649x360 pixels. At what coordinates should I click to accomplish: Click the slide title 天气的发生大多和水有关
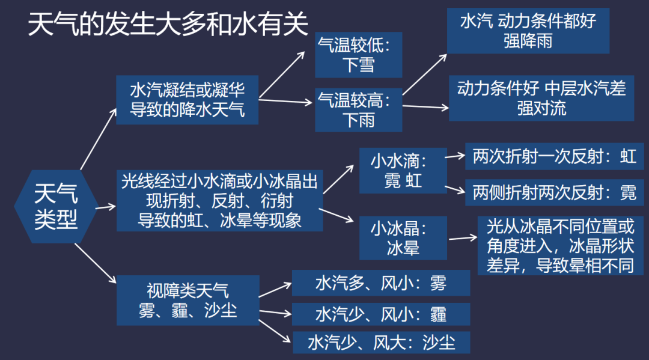[168, 25]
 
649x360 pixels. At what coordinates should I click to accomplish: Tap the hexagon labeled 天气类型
[56, 206]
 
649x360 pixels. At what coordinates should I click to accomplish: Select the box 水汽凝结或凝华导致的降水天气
[187, 100]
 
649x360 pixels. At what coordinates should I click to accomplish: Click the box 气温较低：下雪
[358, 55]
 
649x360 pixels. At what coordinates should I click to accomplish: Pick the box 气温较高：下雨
[358, 109]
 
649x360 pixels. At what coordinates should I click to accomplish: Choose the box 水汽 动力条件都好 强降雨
[528, 31]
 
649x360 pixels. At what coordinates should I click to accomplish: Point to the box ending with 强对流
[541, 98]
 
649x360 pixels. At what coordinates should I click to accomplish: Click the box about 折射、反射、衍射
[219, 200]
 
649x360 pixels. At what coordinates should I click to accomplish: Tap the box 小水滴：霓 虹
[403, 171]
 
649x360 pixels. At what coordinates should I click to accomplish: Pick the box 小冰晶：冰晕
[403, 237]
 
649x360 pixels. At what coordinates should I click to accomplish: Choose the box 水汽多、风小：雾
[380, 283]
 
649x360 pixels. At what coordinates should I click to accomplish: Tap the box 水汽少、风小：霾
[380, 313]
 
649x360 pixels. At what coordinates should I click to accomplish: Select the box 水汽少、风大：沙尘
[380, 342]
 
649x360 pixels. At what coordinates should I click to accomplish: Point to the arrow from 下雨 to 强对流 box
[425, 107]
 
